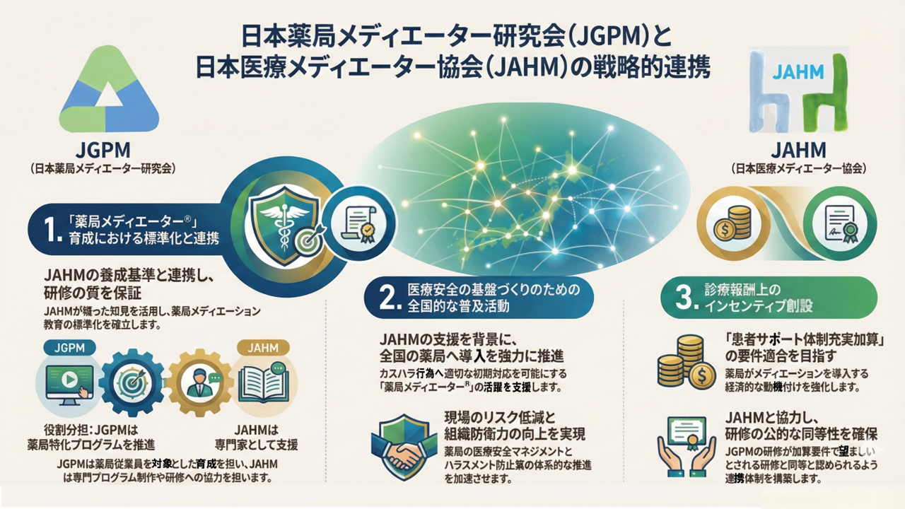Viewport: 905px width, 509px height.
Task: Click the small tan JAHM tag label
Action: click(262, 348)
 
